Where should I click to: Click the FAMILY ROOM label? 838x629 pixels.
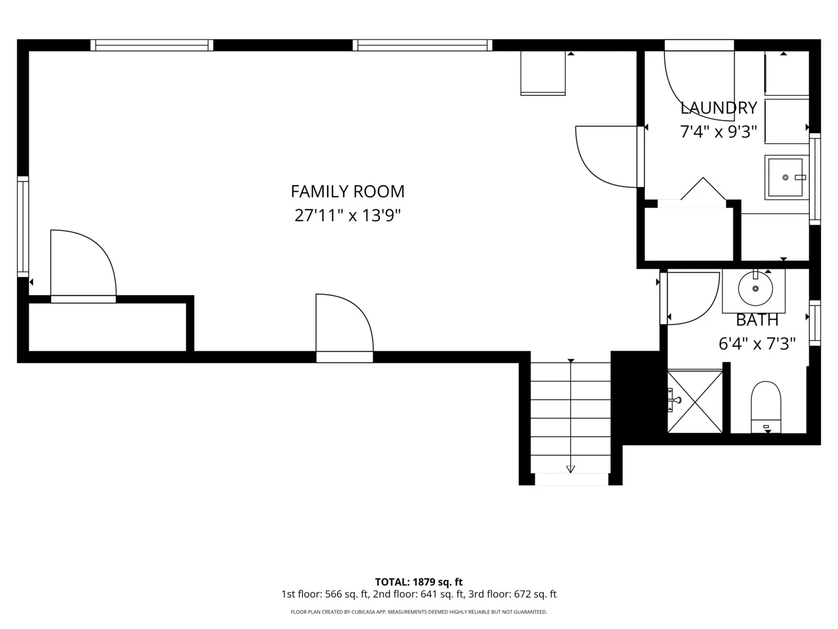[x=347, y=192]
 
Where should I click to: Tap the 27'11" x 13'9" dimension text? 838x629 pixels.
[x=347, y=215]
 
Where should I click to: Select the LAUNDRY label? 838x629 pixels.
[x=719, y=108]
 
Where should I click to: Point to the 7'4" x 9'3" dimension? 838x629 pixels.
[x=718, y=132]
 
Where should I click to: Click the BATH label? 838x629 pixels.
[x=757, y=320]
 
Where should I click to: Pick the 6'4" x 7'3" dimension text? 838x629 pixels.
[x=757, y=344]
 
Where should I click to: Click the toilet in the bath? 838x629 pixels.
[x=766, y=407]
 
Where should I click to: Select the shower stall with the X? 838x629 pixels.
[x=695, y=401]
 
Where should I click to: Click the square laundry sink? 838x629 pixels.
[x=786, y=177]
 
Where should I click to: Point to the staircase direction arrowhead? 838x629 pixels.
[x=570, y=469]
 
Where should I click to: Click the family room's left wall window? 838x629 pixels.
[x=23, y=227]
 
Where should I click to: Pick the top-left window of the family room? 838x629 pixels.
[x=151, y=45]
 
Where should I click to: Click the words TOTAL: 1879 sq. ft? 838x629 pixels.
[x=419, y=582]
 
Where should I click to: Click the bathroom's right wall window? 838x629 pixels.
[x=815, y=323]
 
